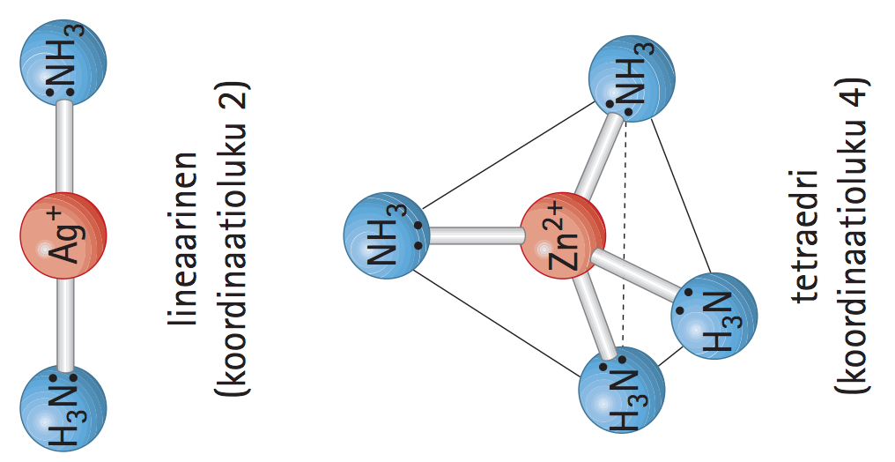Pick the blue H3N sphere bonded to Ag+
[63, 407]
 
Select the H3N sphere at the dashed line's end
[622, 388]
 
